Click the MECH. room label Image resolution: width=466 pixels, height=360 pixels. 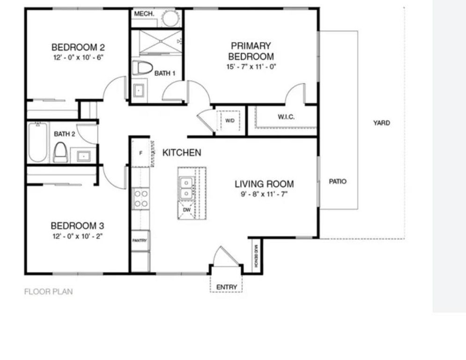(144, 14)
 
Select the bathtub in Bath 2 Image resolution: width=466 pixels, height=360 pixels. (37, 142)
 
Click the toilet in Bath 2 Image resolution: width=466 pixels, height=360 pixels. (60, 152)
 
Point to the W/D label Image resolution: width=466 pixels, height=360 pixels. (230, 120)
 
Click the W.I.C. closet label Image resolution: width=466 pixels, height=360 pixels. (286, 117)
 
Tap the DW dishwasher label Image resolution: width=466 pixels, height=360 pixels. (187, 210)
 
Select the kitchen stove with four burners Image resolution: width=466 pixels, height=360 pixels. (141, 198)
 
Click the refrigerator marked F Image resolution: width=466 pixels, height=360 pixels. (141, 153)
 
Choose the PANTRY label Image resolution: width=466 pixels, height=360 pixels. (140, 240)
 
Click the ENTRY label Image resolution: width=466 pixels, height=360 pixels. (227, 287)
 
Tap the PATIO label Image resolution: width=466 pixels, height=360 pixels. (338, 181)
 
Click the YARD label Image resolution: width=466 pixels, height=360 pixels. (381, 123)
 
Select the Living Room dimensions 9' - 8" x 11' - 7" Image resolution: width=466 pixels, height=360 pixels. (264, 194)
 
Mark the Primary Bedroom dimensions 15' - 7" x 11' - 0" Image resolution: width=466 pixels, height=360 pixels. (251, 67)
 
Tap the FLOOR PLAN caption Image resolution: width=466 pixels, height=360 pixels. (48, 292)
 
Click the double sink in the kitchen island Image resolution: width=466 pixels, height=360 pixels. (186, 187)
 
